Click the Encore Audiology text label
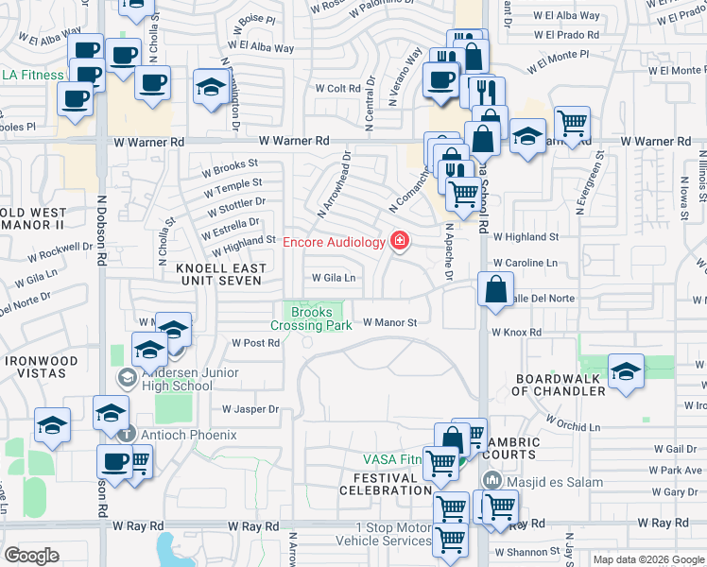click(334, 242)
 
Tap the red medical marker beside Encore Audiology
click(400, 242)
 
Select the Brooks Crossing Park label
click(311, 318)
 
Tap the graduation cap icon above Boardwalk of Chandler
click(626, 370)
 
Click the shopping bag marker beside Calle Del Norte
click(495, 290)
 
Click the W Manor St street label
click(389, 322)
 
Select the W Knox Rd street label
click(516, 333)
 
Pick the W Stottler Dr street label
click(235, 202)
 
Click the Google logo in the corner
click(31, 556)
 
